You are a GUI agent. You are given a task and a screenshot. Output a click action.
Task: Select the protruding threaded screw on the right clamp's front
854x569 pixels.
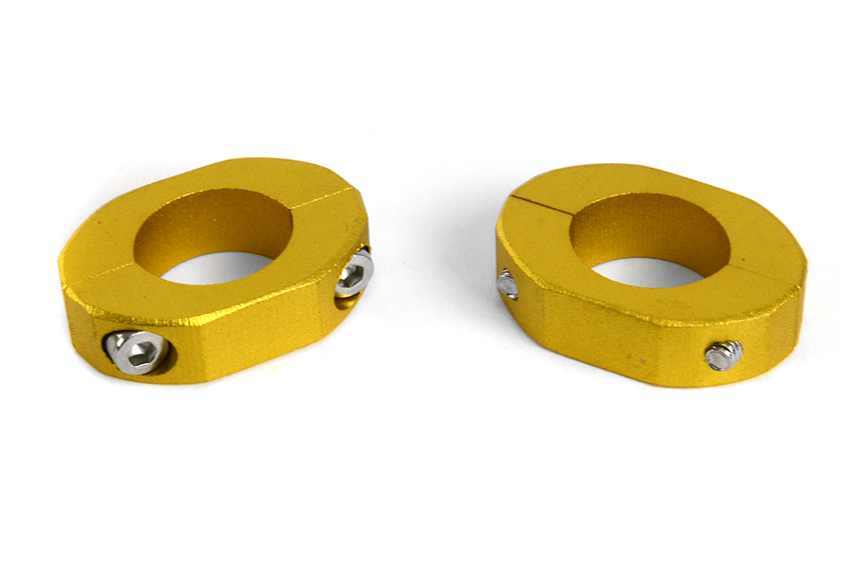(x=722, y=356)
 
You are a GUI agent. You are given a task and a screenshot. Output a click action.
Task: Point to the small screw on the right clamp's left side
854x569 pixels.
(x=509, y=284)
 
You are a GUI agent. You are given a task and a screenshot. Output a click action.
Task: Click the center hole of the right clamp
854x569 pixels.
(x=655, y=271)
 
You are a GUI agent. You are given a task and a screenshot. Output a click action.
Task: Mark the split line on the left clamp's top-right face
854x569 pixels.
(x=318, y=194)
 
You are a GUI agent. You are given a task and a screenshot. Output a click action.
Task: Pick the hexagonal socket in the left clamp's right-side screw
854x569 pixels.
(x=352, y=275)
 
